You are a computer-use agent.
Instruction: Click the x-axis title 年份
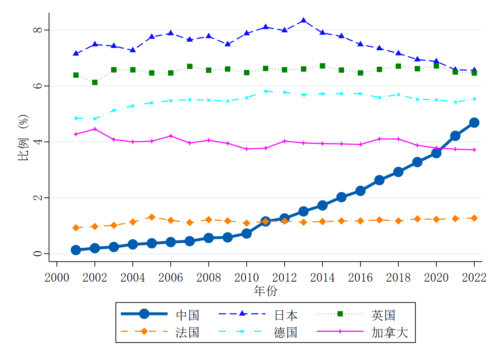coord(265,291)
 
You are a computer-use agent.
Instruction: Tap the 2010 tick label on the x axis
coord(246,278)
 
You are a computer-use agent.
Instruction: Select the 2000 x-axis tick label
coord(57,278)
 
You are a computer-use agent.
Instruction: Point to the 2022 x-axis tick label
coord(474,278)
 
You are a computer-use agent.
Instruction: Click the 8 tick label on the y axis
coord(38,30)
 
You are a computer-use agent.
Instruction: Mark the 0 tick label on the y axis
coord(38,254)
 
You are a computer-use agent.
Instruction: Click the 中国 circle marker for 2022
coord(474,122)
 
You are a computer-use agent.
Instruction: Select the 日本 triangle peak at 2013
coord(303,21)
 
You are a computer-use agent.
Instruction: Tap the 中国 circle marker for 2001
coord(76,250)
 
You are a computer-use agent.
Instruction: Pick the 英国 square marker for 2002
coord(95,82)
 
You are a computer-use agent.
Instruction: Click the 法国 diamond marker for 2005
coord(152,217)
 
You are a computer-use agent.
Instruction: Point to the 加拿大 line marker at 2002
coord(95,129)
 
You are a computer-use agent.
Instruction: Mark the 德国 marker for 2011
coord(265,91)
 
